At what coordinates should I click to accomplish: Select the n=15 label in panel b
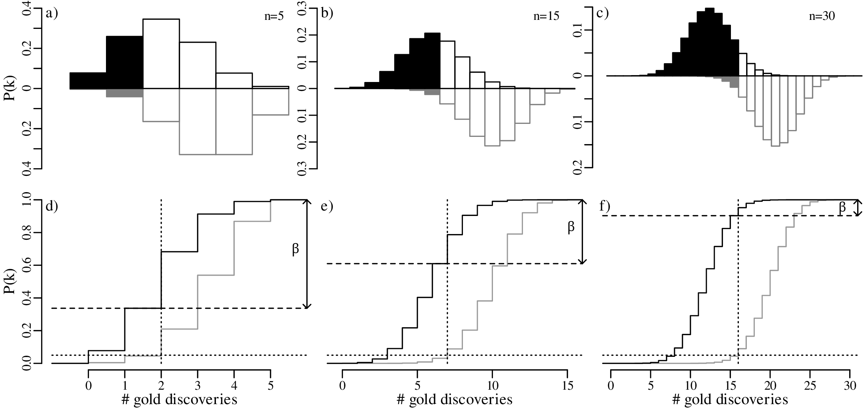546,17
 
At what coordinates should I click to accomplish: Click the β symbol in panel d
295,250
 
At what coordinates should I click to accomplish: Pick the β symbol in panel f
842,207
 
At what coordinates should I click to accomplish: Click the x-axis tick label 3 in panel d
197,386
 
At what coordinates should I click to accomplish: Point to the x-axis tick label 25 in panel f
810,386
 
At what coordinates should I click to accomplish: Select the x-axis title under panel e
454,400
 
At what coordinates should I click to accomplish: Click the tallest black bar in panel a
124,62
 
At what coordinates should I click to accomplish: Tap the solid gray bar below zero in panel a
124,93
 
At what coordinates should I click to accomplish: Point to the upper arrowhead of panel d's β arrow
307,202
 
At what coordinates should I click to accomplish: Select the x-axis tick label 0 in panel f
611,386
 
